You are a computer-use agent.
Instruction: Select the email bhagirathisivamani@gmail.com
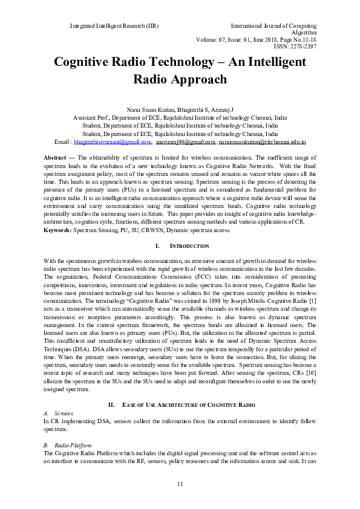click(113, 142)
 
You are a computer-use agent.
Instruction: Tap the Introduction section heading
click(189, 247)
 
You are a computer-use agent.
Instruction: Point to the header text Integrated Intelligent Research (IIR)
click(114, 27)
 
